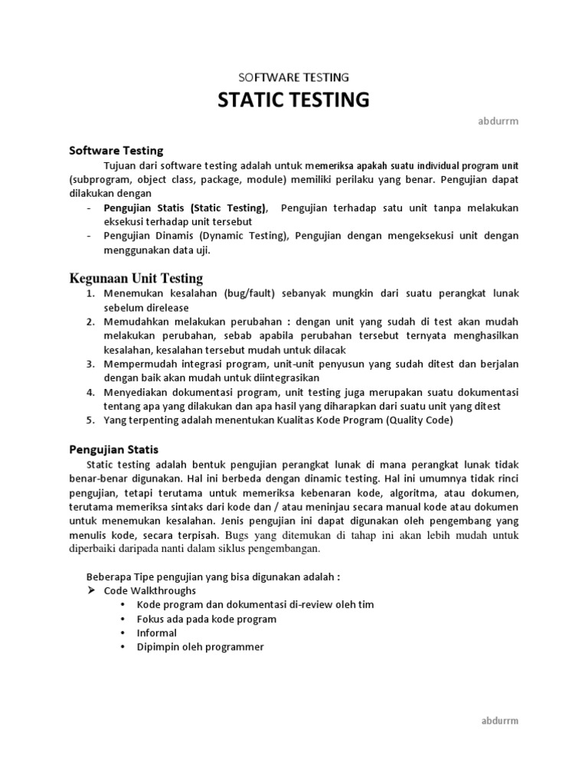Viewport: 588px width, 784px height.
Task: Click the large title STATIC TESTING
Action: point(294,100)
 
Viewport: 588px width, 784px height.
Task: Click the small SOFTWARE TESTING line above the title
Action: point(294,77)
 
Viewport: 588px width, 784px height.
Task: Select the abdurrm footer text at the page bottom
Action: point(499,720)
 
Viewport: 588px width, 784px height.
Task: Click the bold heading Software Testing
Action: point(116,151)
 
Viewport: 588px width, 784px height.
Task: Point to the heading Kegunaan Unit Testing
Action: point(136,278)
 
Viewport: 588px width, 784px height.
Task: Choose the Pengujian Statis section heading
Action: point(113,449)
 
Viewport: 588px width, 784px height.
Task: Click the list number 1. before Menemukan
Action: point(90,293)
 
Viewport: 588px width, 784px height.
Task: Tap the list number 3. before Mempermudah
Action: point(90,364)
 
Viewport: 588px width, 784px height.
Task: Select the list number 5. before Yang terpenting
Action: point(90,420)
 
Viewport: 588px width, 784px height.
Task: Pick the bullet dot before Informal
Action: point(124,633)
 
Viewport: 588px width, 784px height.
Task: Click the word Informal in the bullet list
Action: point(156,633)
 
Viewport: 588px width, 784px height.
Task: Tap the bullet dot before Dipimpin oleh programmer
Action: point(124,647)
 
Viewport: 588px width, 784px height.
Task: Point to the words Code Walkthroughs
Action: point(149,591)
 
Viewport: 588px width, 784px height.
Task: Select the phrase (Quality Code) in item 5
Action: point(420,420)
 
